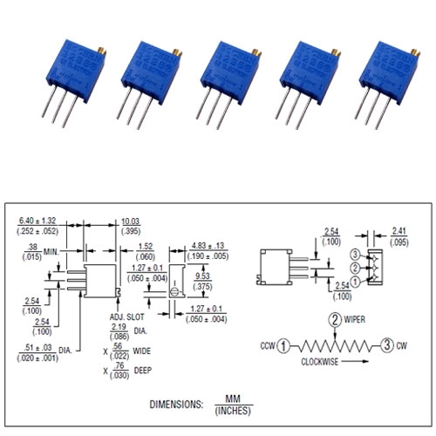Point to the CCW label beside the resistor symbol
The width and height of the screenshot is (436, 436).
pyautogui.click(x=266, y=346)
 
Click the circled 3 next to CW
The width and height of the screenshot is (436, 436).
pyautogui.click(x=385, y=346)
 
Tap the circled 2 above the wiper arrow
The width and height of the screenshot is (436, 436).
pyautogui.click(x=334, y=319)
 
